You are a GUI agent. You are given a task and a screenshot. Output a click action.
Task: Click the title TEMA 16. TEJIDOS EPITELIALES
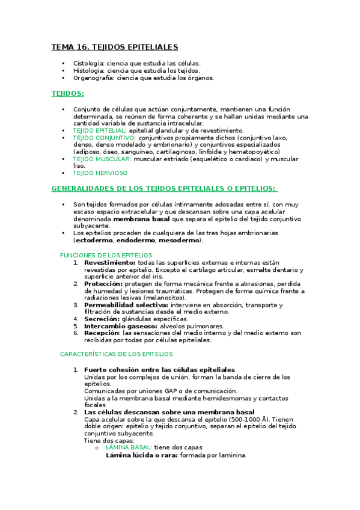114,47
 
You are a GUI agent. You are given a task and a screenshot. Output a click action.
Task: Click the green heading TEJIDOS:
68,94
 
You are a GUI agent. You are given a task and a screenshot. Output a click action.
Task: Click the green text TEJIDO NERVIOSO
100,173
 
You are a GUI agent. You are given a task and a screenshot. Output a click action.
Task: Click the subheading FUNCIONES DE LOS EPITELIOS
106,255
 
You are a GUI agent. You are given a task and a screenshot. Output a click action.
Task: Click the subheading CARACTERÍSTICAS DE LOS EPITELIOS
116,354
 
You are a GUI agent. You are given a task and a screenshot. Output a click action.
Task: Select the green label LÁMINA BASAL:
129,447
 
